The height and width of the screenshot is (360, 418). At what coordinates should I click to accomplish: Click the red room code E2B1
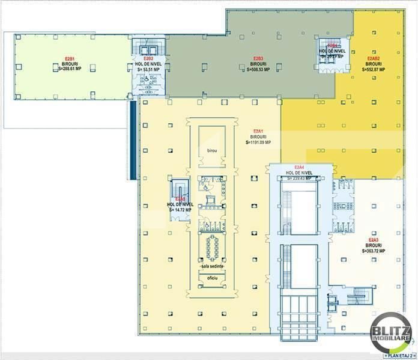click(x=69, y=58)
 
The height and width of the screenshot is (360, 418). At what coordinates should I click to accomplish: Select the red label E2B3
click(x=259, y=58)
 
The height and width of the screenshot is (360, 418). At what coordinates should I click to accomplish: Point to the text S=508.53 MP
click(x=259, y=69)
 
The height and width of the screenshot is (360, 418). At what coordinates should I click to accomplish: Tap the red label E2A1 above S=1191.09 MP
click(x=259, y=131)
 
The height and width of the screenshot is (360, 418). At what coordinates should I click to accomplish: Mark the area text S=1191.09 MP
click(x=259, y=142)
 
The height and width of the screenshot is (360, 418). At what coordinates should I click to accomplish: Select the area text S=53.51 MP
click(x=147, y=69)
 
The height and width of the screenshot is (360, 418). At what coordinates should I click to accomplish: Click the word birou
click(x=211, y=149)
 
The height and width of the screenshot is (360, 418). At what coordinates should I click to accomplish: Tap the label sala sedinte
click(x=211, y=265)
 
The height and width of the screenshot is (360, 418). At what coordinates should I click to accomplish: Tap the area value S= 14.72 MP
click(x=180, y=210)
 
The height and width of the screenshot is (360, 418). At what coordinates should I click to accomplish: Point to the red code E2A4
click(x=299, y=167)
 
